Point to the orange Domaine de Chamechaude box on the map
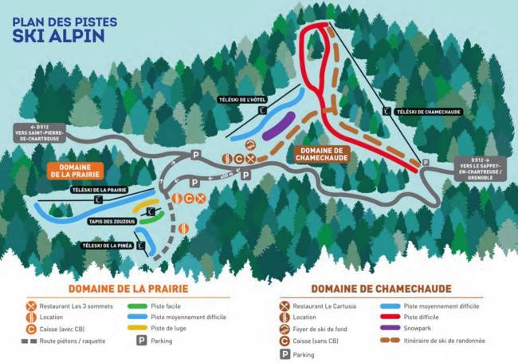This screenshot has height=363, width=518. coord(321,153)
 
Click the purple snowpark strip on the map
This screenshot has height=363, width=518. coord(278,125)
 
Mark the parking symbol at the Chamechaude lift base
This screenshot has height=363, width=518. coord(424,162)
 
